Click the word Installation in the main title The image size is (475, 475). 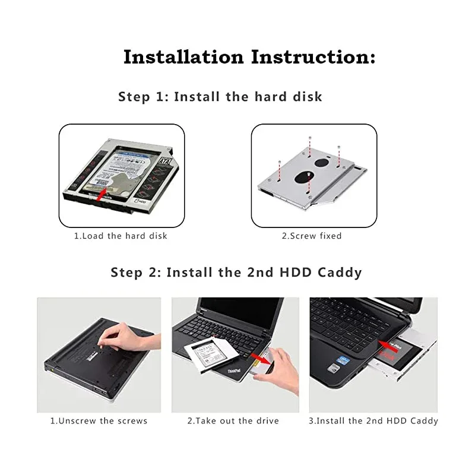(183, 58)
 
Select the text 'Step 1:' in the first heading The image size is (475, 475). (143, 97)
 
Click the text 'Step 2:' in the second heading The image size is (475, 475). (135, 273)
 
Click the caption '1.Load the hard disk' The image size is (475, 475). (121, 236)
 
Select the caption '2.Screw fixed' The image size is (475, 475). (312, 236)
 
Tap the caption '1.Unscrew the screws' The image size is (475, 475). (99, 421)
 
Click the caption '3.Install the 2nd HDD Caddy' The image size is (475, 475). (373, 421)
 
